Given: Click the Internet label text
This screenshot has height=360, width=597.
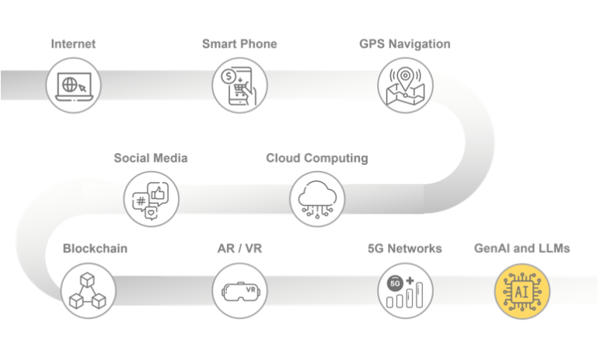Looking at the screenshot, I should [x=73, y=44].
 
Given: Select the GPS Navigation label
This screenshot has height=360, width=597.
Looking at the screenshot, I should [x=404, y=44].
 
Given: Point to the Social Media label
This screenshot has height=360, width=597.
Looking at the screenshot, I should [x=151, y=158].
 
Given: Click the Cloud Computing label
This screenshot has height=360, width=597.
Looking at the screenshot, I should [x=316, y=158].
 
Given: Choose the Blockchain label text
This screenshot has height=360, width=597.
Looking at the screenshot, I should [x=95, y=249].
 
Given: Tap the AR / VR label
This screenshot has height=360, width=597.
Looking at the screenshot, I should [x=240, y=249].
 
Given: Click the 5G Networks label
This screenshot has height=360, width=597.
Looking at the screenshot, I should [x=404, y=249].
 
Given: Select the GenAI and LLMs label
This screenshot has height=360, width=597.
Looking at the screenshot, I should [x=522, y=249].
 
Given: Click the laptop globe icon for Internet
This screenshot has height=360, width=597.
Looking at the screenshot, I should [x=74, y=86].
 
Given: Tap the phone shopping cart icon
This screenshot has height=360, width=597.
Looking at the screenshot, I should [x=240, y=86].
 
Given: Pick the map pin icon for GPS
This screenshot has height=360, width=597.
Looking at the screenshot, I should [x=404, y=86].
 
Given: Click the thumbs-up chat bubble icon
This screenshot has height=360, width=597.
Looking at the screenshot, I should [x=151, y=198].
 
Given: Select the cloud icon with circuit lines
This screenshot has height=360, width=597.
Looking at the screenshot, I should [x=316, y=198].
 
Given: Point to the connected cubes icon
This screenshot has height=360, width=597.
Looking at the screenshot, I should [x=87, y=290].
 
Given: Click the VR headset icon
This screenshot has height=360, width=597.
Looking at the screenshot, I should [x=240, y=290].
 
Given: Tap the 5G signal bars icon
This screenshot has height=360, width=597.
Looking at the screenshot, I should [x=404, y=290].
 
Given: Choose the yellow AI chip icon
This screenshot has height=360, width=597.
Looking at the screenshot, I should [x=522, y=290].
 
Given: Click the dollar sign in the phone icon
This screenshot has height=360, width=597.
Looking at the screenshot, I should [x=229, y=77].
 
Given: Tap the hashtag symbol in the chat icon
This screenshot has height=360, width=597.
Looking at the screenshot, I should [x=141, y=201].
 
